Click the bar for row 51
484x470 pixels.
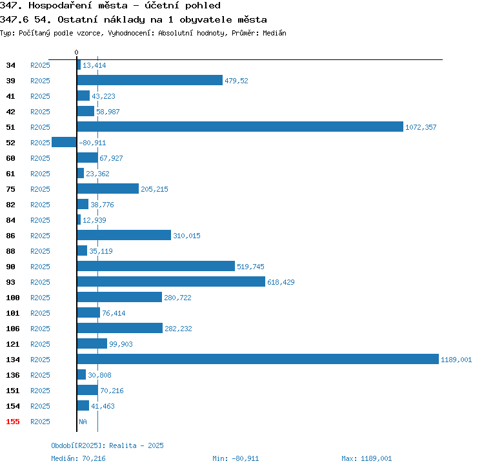tap(240, 127)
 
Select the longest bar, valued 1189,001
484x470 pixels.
tap(257, 359)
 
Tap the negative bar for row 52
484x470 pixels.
tap(64, 142)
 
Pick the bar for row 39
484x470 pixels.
tap(150, 80)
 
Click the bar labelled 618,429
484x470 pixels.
tap(171, 281)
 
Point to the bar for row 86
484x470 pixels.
tap(124, 235)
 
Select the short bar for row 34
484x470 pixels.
tap(79, 65)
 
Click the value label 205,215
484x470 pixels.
tap(154, 189)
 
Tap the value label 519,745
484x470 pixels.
tap(250, 267)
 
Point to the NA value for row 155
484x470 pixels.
tap(83, 422)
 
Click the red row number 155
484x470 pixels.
tap(13, 422)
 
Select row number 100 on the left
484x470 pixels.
tap(13, 298)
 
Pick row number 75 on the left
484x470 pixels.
tap(10, 189)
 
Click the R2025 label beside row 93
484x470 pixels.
tap(40, 282)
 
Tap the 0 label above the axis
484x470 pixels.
tap(77, 52)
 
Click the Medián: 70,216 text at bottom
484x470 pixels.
tap(78, 458)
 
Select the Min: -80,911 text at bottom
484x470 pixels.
tap(236, 458)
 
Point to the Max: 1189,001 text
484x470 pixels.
tap(367, 458)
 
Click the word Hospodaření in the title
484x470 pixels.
tap(60, 5)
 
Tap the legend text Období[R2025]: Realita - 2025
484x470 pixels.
tap(107, 445)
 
